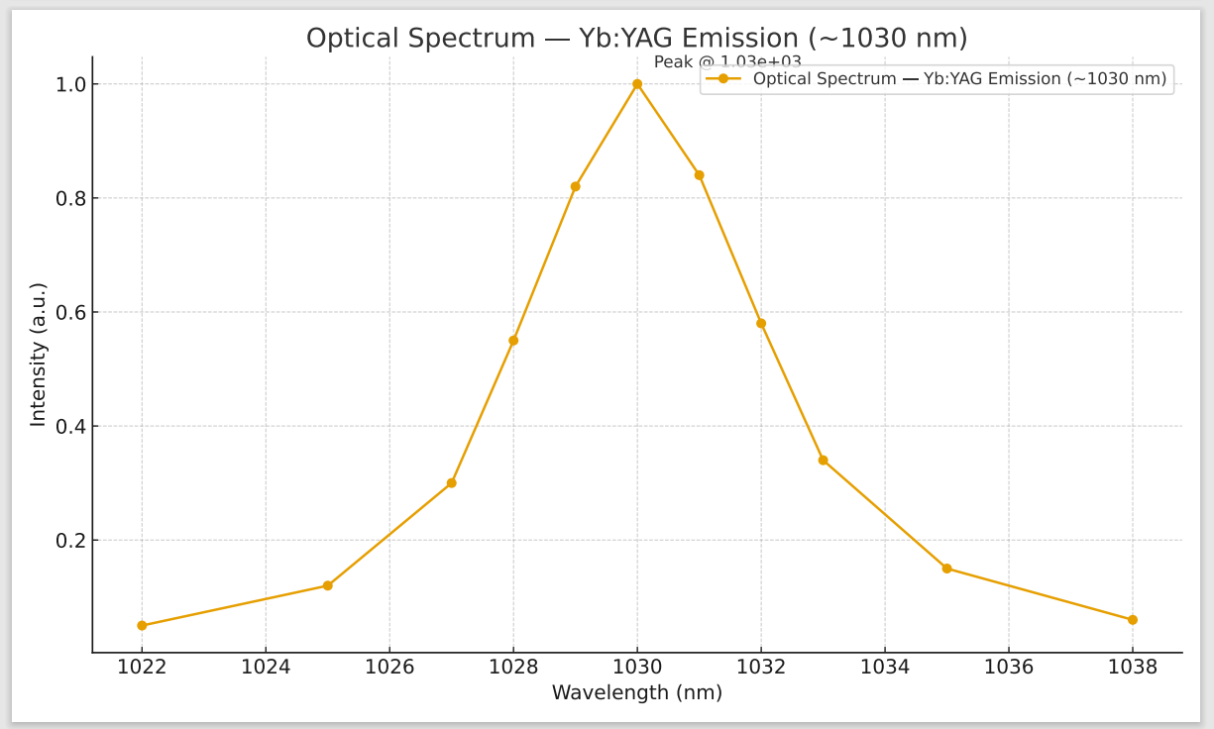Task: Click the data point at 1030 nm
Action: (637, 84)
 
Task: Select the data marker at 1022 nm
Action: (142, 626)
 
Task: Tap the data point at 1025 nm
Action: (327, 585)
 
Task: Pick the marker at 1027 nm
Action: (451, 483)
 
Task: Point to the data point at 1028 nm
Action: (513, 341)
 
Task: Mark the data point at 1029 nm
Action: (575, 186)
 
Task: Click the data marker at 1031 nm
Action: (699, 175)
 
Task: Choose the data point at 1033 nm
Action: (823, 461)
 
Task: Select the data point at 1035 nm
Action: (946, 569)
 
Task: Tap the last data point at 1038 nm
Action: (1133, 620)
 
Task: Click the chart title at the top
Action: (636, 39)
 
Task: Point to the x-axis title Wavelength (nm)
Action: (637, 693)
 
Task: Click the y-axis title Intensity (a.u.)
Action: (39, 355)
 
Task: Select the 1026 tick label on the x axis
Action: (389, 667)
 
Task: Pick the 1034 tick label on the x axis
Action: (885, 667)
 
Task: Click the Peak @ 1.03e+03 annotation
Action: (727, 62)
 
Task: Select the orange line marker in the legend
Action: (723, 79)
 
